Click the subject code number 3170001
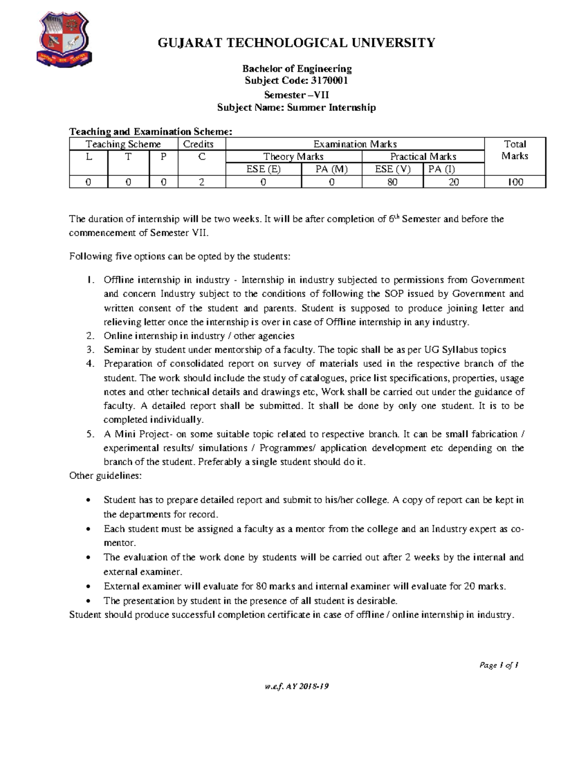(x=330, y=81)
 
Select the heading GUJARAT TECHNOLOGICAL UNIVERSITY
(x=296, y=43)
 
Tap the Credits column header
(x=198, y=144)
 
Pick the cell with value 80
(x=392, y=182)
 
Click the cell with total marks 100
(x=515, y=182)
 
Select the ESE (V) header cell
(x=392, y=169)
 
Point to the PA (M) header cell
(x=331, y=169)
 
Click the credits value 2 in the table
(x=201, y=182)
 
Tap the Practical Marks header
(x=423, y=156)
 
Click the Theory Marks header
(x=293, y=156)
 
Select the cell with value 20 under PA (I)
(x=453, y=182)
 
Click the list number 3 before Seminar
(x=90, y=350)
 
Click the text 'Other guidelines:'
(x=105, y=476)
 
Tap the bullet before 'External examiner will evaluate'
(x=88, y=587)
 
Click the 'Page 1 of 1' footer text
(x=499, y=665)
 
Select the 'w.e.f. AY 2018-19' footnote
(x=296, y=686)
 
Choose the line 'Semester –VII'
(x=296, y=95)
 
